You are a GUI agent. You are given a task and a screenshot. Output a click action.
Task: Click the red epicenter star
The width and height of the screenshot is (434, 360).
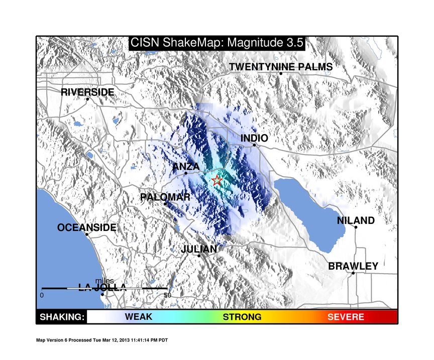216,180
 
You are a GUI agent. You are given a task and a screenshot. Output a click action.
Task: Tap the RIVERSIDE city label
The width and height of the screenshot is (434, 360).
87,92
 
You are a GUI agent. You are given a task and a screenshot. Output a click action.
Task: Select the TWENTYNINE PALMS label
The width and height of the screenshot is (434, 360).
281,67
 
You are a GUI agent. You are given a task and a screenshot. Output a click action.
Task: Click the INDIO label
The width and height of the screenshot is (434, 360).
254,138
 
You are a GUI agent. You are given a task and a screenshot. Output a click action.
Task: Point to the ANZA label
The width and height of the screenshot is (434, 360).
186,167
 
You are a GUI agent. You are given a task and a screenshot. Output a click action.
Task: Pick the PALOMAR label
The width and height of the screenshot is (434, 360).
165,197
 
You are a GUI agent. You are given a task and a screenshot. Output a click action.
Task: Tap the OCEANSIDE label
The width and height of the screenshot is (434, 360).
86,227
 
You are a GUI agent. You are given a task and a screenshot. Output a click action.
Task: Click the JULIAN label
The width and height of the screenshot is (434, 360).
199,249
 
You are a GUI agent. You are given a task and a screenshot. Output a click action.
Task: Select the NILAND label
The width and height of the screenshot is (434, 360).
356,220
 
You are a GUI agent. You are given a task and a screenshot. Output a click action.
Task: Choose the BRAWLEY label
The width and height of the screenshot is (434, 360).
353,266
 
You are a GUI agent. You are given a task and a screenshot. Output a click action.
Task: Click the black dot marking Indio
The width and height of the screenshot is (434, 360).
254,145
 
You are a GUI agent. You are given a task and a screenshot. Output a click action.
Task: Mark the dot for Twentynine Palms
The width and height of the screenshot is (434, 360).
281,73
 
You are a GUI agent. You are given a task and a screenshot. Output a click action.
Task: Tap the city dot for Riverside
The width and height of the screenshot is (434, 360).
87,99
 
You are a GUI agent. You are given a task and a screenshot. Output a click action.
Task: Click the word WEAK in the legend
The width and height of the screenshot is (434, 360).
139,316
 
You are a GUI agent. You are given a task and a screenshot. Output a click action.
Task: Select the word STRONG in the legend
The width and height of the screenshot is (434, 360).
242,317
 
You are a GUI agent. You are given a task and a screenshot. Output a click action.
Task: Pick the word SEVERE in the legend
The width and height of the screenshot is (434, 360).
346,317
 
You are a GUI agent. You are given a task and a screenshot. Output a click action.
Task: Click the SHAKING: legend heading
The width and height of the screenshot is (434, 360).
62,317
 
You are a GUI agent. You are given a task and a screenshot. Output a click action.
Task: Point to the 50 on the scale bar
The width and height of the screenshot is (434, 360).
167,295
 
